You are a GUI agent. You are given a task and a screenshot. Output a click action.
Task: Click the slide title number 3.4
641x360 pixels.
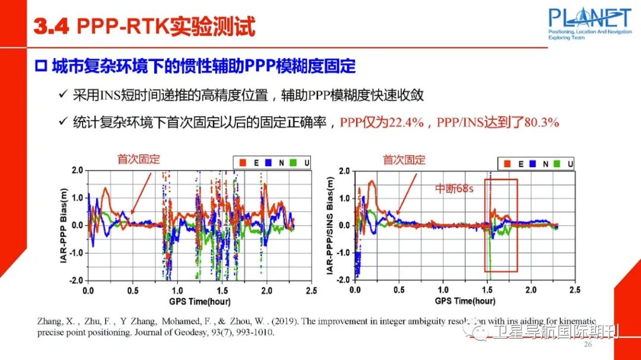52,27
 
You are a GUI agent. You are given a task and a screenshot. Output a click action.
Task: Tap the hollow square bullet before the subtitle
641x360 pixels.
42,66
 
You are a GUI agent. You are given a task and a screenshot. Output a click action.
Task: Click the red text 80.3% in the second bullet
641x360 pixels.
539,123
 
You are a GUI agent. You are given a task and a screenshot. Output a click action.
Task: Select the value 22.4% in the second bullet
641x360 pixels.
406,123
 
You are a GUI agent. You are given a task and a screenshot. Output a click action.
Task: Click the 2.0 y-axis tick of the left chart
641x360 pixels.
77,171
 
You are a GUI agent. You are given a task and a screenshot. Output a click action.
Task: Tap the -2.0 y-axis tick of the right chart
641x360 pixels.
342,280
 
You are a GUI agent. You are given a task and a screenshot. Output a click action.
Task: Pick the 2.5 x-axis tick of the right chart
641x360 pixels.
575,291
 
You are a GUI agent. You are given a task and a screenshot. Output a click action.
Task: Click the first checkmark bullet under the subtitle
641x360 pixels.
63,95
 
